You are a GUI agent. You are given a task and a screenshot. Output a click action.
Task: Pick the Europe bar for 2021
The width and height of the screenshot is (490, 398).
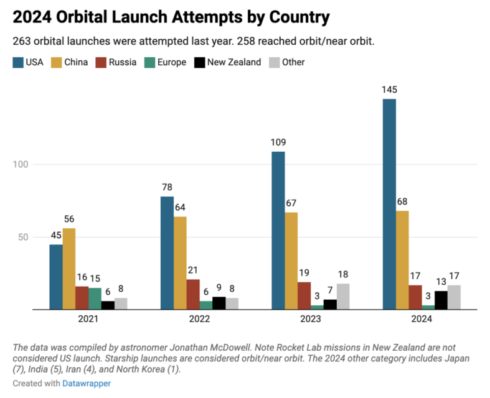95,298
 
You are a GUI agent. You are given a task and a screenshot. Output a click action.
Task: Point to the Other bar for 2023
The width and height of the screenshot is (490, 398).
343,297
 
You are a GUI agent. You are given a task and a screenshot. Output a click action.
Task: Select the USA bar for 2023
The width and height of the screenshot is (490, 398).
278,230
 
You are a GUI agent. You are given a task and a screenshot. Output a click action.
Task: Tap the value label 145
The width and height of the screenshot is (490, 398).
389,90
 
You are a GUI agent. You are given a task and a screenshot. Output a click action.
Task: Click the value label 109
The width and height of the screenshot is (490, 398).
278,142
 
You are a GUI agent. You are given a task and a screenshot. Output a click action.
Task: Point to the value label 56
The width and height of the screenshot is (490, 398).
69,219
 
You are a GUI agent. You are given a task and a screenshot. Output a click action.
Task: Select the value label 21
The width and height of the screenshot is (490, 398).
192,270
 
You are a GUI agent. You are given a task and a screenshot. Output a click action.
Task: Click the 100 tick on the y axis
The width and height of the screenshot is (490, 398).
22,165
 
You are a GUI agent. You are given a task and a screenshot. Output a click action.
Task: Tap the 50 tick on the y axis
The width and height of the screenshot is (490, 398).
24,238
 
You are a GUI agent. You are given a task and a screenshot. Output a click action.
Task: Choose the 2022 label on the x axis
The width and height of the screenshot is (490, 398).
199,319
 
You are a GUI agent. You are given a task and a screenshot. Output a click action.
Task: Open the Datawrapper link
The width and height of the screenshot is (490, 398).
87,384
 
